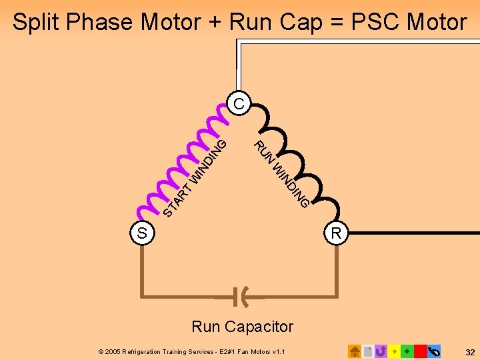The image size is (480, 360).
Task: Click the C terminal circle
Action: (238, 103)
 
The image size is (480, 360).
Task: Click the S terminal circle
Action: (142, 233)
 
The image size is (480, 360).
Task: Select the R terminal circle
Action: (336, 233)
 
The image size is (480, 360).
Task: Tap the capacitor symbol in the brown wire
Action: (241, 294)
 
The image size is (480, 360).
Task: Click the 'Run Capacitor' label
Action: (242, 327)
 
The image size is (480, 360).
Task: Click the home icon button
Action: (355, 351)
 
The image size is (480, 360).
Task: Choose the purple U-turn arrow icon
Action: (381, 351)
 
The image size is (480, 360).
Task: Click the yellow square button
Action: (394, 351)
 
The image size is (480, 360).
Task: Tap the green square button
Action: (407, 351)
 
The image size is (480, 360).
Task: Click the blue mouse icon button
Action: (434, 351)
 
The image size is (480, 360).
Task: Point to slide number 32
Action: (469, 351)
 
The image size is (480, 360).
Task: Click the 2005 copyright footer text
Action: (191, 351)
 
